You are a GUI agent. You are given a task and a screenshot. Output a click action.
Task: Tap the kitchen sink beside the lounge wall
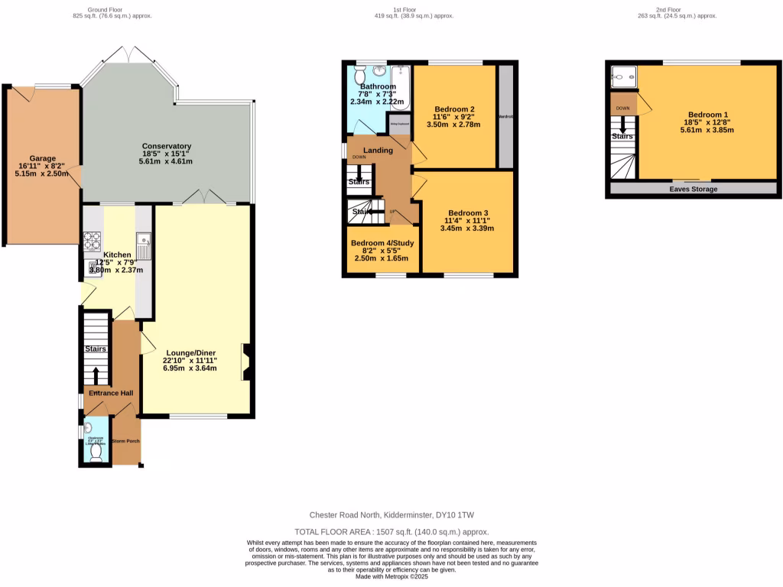pyautogui.click(x=144, y=245)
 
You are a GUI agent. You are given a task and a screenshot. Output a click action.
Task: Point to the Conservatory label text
pyautogui.click(x=166, y=146)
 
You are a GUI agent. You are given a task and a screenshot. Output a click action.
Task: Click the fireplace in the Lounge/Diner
pyautogui.click(x=245, y=362)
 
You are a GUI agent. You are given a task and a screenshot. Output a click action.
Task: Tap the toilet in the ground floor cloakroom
pyautogui.click(x=96, y=451)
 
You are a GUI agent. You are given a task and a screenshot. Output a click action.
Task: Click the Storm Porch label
pyautogui.click(x=125, y=442)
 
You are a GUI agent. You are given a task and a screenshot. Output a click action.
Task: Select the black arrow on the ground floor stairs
pyautogui.click(x=96, y=375)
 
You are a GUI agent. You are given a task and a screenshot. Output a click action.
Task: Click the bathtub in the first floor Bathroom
pyautogui.click(x=401, y=87)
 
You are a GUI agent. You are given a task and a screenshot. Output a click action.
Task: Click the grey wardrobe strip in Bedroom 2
pyautogui.click(x=505, y=116)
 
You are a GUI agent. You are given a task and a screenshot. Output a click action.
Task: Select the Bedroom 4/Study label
pyautogui.click(x=382, y=244)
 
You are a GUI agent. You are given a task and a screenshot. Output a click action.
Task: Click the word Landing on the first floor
pyautogui.click(x=378, y=151)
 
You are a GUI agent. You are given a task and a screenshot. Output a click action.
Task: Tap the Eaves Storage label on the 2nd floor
pyautogui.click(x=694, y=188)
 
